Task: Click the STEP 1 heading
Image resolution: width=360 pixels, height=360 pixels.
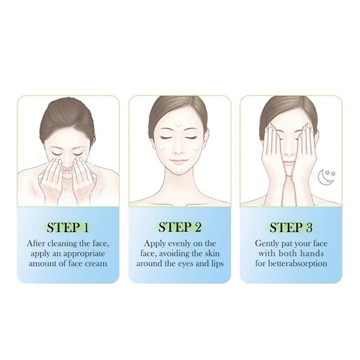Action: [68, 227]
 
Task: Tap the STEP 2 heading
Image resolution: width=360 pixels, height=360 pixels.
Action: [179, 227]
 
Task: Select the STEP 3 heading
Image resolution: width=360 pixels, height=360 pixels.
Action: [291, 227]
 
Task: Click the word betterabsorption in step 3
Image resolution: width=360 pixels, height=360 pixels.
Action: [299, 263]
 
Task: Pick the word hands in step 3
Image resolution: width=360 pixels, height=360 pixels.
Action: [311, 253]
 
